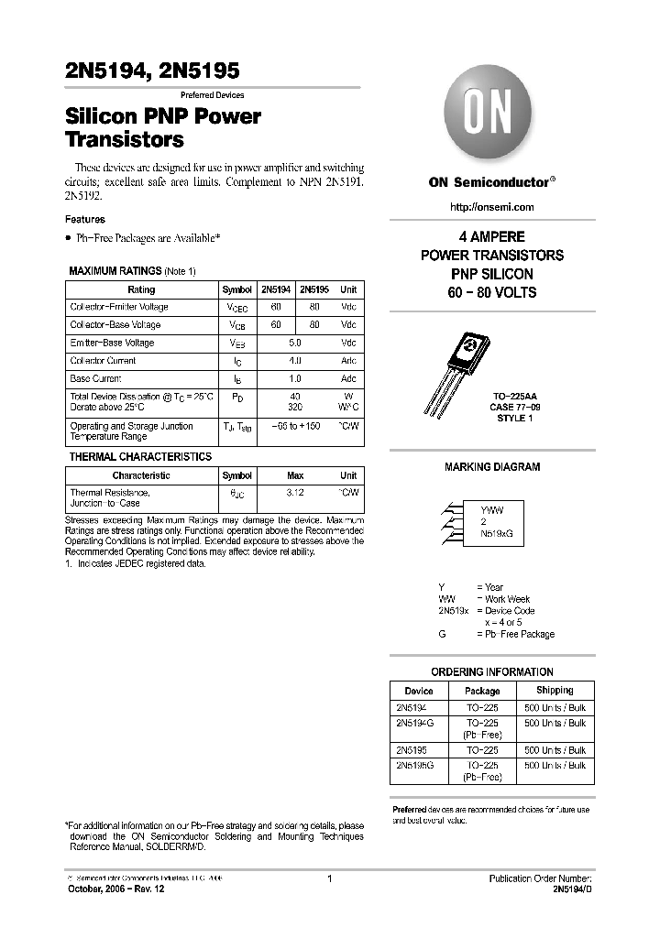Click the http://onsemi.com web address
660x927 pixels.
tap(492, 207)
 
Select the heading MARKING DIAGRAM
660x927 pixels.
tap(492, 467)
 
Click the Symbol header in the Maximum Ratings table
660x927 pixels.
tap(237, 289)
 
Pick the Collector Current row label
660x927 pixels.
tap(103, 361)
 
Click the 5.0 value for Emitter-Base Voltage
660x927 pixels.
tap(294, 343)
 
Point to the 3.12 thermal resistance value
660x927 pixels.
tap(294, 493)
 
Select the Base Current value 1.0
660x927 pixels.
tap(294, 378)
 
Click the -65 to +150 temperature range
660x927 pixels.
tap(294, 426)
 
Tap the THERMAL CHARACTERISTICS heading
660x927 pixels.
tap(140, 457)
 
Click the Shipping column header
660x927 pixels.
tap(555, 691)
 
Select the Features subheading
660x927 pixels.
tap(84, 220)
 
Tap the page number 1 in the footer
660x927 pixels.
tap(329, 879)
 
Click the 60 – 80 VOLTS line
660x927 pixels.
tap(492, 292)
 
